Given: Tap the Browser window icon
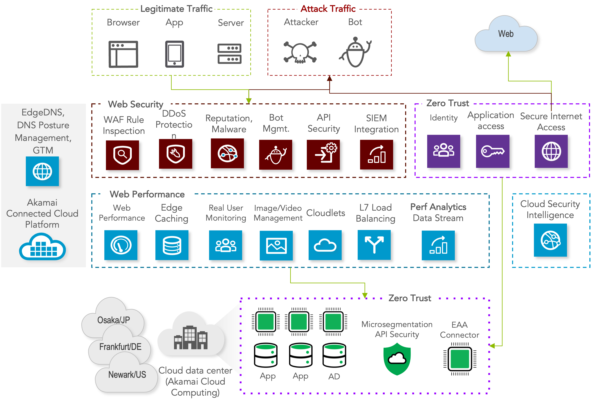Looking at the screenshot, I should (123, 54).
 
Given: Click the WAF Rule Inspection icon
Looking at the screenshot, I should (122, 155).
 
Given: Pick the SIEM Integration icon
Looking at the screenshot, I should (376, 155).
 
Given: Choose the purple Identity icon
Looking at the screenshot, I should (444, 151).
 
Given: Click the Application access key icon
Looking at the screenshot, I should (493, 151).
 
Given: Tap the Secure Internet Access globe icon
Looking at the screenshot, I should (551, 151).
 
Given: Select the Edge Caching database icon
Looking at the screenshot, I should (172, 245).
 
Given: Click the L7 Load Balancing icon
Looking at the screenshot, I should (374, 245).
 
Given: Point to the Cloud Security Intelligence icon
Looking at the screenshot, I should (550, 240).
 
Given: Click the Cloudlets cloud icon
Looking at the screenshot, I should (325, 245).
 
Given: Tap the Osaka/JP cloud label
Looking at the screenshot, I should (114, 320).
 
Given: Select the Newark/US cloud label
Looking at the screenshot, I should (127, 375).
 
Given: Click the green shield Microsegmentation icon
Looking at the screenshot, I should (397, 359).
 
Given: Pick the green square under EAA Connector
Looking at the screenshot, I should (460, 359).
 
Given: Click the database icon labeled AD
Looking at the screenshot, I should (334, 356).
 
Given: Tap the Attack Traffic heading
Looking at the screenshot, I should (328, 9).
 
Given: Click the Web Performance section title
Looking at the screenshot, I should (147, 194).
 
